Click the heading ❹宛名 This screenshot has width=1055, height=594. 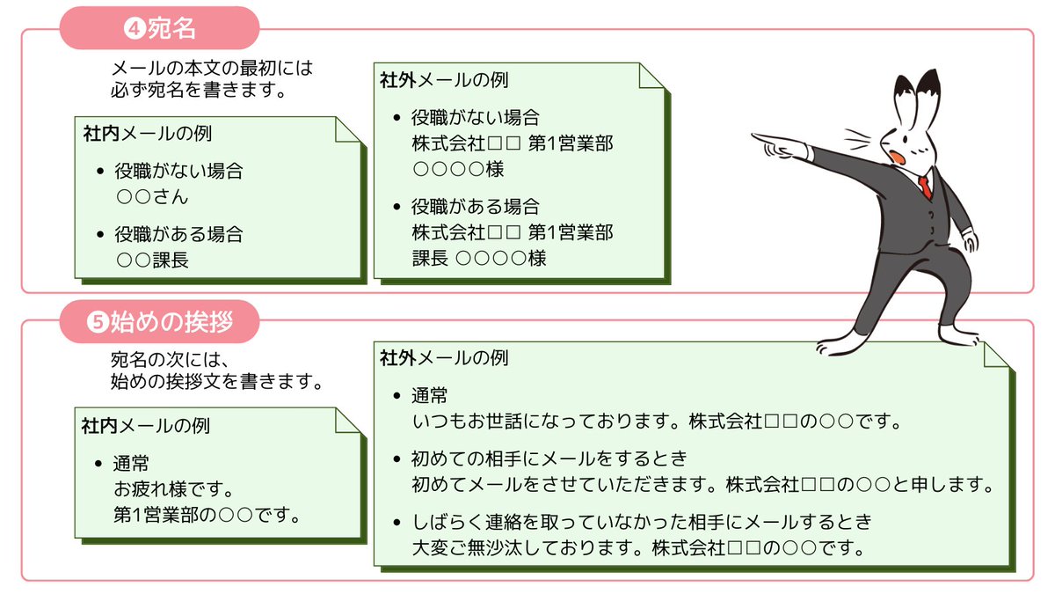pyautogui.click(x=159, y=28)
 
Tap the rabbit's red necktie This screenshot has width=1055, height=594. pyautogui.click(x=925, y=187)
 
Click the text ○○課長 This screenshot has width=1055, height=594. pyautogui.click(x=152, y=260)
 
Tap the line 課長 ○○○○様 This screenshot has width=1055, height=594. pyautogui.click(x=479, y=258)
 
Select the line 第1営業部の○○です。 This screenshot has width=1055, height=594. pyautogui.click(x=207, y=514)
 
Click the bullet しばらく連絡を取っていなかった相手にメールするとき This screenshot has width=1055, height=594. pyautogui.click(x=641, y=523)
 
